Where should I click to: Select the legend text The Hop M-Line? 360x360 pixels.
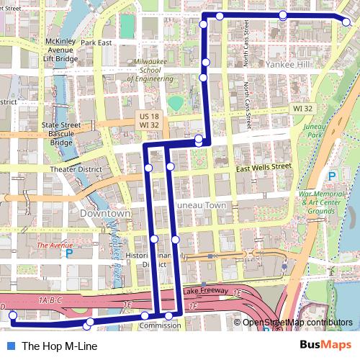coord(59,346)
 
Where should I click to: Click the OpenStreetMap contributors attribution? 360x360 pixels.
coord(297,323)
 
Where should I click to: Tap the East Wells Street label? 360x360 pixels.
coord(264,167)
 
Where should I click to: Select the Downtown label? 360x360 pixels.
coord(105,214)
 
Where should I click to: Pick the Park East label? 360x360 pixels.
coord(96,42)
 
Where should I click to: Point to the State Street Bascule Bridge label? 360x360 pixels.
coord(60,133)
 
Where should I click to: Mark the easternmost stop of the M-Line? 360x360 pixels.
coord(346,22)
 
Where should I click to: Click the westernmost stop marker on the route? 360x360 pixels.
coord(12,315)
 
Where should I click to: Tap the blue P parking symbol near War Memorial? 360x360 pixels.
coord(332,176)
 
